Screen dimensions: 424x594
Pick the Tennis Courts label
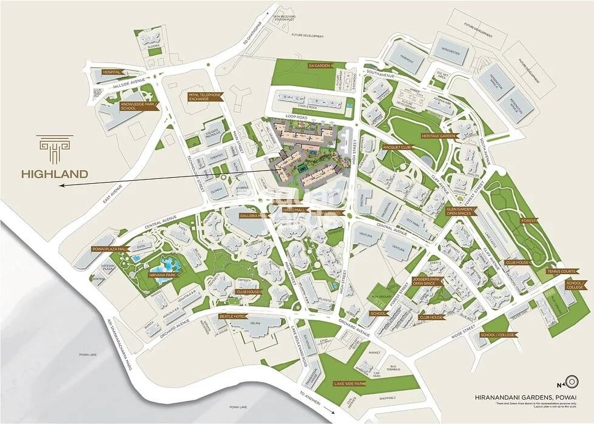tap(560, 271)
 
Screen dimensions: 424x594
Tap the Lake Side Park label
tap(349, 384)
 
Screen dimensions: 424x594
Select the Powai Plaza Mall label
tap(110, 249)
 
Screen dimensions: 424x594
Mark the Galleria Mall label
tap(253, 215)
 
